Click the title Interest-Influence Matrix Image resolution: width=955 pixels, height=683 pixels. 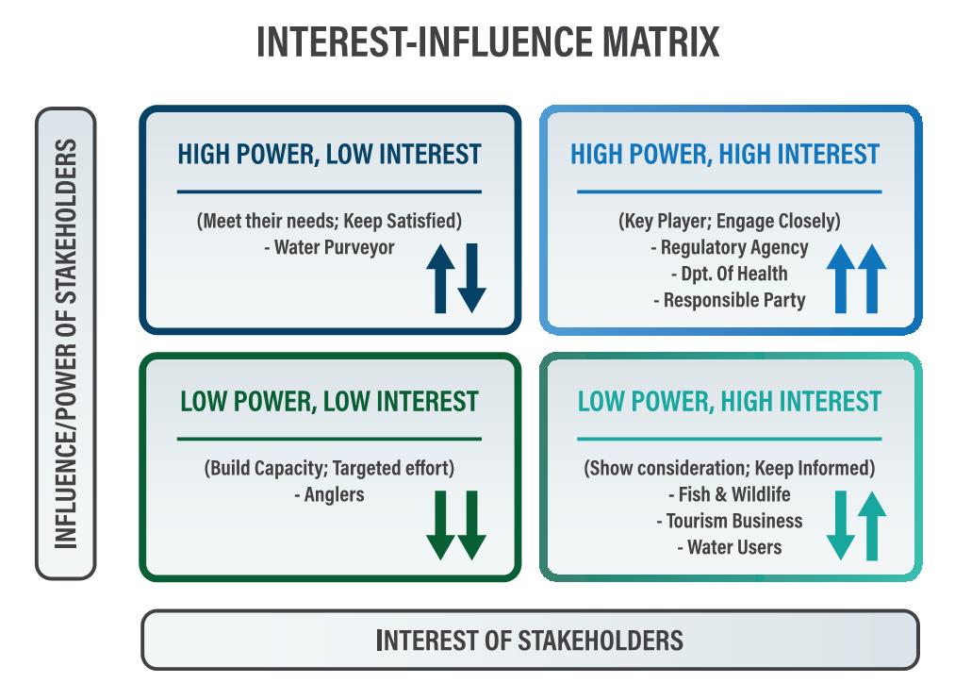[487, 42]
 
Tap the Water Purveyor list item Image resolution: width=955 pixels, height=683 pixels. [330, 247]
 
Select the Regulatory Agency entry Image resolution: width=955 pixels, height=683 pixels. [729, 247]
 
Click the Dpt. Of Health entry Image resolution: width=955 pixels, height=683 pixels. [729, 274]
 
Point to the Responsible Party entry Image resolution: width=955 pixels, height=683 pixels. [729, 300]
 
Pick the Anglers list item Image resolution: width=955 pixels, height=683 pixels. [330, 494]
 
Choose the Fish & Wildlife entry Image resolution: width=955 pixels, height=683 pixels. [729, 494]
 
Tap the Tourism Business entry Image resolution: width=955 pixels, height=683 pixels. [729, 521]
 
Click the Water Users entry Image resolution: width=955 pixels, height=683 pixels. [729, 547]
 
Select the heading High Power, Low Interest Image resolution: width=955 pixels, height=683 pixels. [330, 154]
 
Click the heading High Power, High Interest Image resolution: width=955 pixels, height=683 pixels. [725, 154]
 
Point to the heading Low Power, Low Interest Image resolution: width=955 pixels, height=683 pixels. [330, 402]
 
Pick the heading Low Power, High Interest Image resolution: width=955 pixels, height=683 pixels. [729, 402]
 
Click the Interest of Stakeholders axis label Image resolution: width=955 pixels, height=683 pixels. [529, 641]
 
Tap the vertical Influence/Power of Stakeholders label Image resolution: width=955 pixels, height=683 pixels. [66, 343]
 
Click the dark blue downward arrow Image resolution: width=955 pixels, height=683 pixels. [471, 278]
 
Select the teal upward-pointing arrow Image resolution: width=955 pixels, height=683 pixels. [871, 525]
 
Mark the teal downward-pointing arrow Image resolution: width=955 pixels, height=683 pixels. [841, 525]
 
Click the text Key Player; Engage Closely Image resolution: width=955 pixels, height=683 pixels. [729, 221]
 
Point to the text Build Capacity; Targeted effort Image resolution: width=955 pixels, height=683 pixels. [330, 468]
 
